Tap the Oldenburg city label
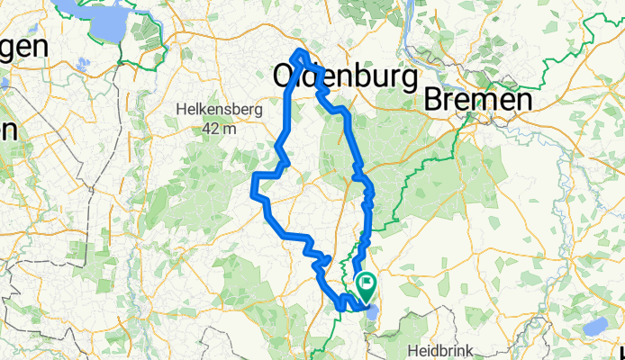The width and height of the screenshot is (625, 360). pos(345,79)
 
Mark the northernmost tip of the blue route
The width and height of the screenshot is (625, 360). pos(299,50)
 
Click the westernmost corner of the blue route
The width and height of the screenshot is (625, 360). pos(251,189)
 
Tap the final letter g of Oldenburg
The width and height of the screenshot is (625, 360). pos(408,81)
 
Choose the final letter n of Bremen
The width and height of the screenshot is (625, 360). pos(521,102)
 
